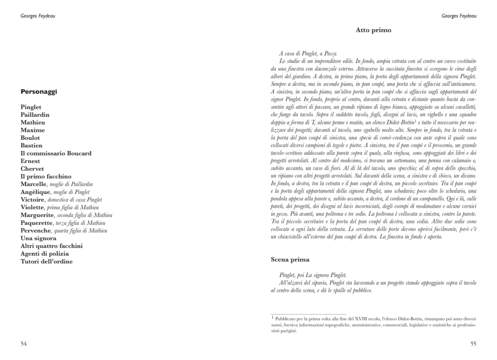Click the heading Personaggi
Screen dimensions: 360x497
point(39,92)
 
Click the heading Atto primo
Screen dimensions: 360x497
point(373,30)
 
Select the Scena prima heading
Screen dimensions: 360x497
point(290,260)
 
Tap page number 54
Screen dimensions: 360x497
point(24,343)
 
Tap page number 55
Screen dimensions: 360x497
point(473,343)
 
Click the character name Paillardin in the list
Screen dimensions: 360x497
point(35,115)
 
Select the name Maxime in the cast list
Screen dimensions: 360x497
point(32,130)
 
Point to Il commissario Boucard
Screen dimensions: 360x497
point(56,153)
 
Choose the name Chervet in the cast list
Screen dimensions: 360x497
point(32,169)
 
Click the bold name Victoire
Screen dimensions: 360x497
point(33,200)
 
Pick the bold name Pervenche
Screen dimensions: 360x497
point(36,231)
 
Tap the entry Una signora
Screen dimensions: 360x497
point(38,238)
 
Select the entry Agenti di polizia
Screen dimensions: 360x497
point(44,254)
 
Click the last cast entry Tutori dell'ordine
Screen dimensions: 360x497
point(46,262)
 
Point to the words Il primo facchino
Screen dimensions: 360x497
point(46,177)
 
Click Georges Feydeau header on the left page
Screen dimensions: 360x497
point(38,16)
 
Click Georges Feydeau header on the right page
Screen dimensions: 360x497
point(459,16)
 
